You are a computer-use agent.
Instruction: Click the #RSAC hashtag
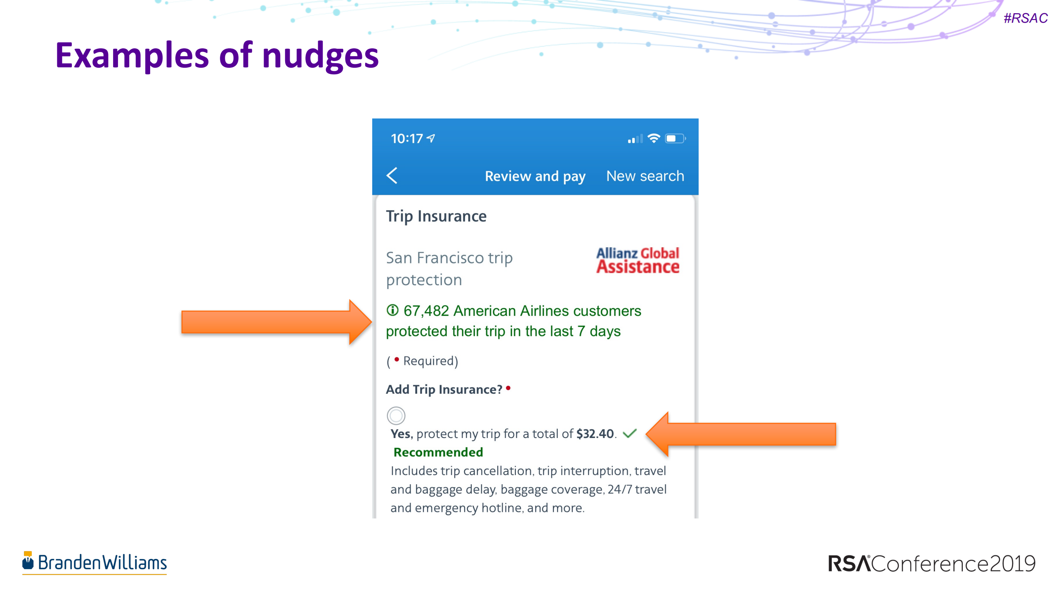[x=1025, y=18]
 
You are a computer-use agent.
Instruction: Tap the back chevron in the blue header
[x=392, y=175]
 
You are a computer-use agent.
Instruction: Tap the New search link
[x=645, y=176]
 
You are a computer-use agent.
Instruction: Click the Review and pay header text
[x=535, y=176]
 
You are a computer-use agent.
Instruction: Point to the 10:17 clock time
[x=407, y=139]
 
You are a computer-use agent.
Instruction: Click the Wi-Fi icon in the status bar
[x=653, y=138]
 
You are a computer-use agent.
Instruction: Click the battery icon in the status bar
[x=674, y=138]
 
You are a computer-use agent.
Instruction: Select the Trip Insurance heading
[x=436, y=216]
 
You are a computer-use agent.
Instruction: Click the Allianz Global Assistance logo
[x=637, y=260]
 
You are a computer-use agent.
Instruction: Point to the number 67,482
[x=426, y=311]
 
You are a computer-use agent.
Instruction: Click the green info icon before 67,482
[x=392, y=310]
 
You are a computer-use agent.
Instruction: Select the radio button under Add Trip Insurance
[x=396, y=415]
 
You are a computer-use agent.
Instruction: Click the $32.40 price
[x=595, y=434]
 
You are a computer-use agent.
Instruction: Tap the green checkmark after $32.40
[x=630, y=433]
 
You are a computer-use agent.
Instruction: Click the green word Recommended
[x=438, y=452]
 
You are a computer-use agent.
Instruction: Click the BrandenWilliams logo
[x=94, y=562]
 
